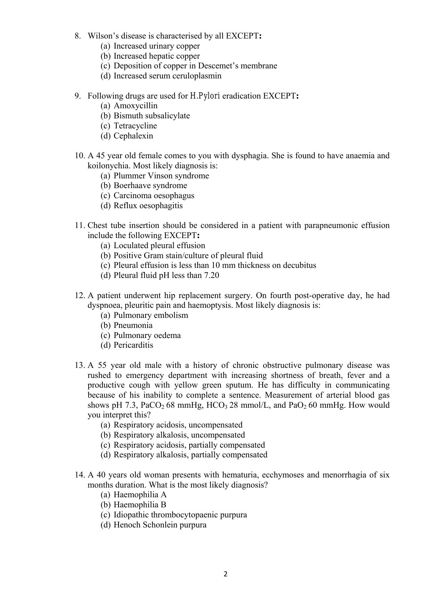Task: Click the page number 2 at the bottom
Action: (x=225, y=574)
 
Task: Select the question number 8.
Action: (x=78, y=36)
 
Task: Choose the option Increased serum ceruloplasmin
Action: (x=167, y=76)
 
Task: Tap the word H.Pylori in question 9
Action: (x=205, y=96)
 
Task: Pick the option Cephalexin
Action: (x=133, y=136)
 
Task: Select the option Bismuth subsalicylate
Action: (x=152, y=116)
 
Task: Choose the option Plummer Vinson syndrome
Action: (x=161, y=176)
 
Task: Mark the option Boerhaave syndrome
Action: (x=150, y=186)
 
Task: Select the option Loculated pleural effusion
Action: (x=159, y=246)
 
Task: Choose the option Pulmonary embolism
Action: (x=151, y=315)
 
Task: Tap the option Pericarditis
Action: (x=133, y=345)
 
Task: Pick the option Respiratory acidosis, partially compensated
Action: (x=189, y=445)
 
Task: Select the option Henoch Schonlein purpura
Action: (x=160, y=525)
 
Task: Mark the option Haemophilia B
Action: (x=140, y=505)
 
